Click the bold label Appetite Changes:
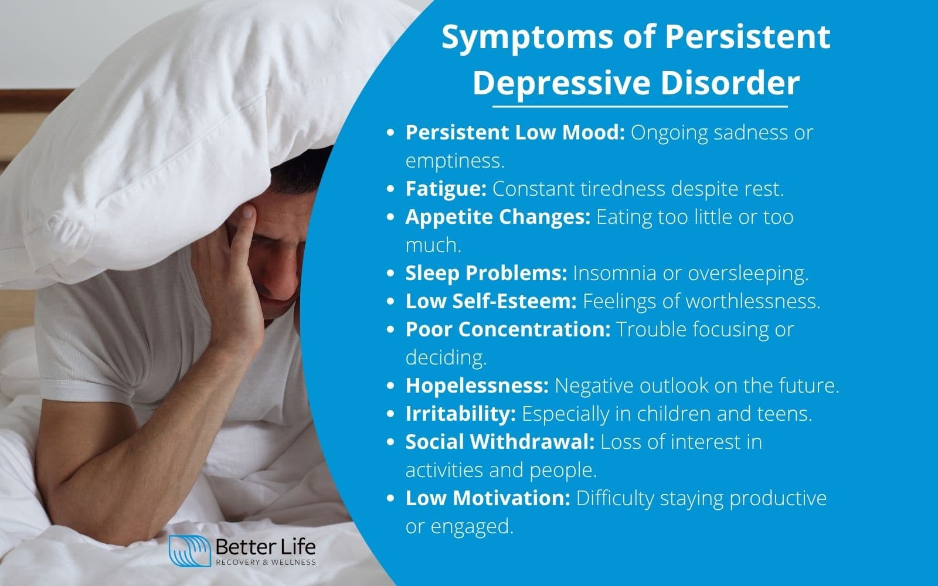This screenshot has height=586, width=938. [498, 217]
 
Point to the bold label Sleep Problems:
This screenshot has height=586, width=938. [486, 273]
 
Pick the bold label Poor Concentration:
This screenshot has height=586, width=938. [508, 329]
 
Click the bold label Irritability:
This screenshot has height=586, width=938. [460, 414]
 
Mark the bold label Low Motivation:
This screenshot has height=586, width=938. [488, 498]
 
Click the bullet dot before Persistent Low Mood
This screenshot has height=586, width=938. [390, 134]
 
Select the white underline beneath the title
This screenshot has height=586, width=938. [640, 107]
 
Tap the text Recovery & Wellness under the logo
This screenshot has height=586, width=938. [266, 563]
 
